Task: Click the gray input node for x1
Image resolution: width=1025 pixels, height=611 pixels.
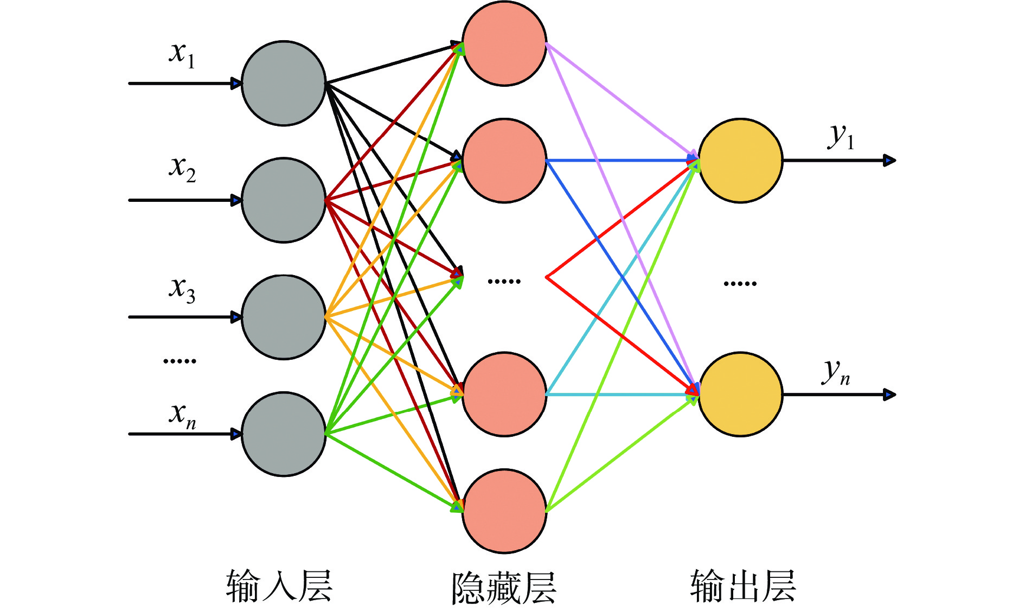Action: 284,84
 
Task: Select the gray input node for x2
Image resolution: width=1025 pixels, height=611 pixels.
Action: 284,200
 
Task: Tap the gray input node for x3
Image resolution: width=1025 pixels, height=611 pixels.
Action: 284,317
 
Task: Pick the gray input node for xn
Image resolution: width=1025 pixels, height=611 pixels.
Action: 284,434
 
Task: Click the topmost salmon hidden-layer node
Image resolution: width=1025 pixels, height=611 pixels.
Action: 504,43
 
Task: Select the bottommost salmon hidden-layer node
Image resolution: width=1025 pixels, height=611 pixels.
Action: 504,511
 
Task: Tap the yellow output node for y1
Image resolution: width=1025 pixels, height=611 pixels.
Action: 740,161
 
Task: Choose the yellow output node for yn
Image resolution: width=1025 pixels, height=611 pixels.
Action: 740,394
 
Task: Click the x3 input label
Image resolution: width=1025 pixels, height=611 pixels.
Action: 182,290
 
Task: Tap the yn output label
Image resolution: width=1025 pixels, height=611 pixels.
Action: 836,372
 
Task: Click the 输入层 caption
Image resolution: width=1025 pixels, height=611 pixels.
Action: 279,586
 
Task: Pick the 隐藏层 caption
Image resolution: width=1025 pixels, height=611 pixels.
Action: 504,588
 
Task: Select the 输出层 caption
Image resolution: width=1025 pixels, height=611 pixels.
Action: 742,586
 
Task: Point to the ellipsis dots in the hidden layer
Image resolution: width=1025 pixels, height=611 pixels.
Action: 504,281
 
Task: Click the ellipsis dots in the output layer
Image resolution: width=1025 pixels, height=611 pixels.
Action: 740,283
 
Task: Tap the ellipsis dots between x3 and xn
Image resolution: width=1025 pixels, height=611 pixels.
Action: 180,361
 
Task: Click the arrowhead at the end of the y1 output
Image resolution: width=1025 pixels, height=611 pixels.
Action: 889,161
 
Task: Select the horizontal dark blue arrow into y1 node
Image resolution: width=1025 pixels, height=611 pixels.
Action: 618,161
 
